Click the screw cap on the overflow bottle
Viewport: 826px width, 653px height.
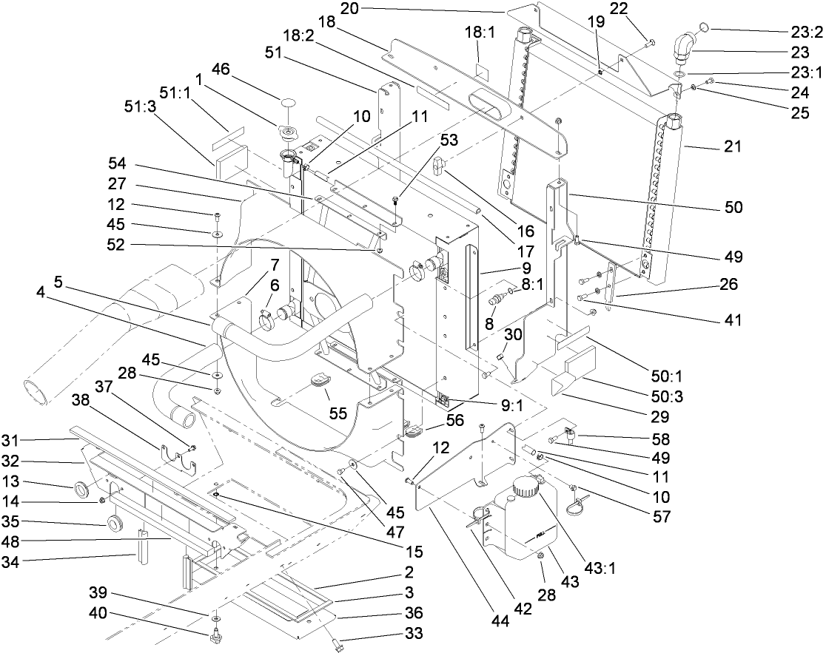[526, 487]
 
